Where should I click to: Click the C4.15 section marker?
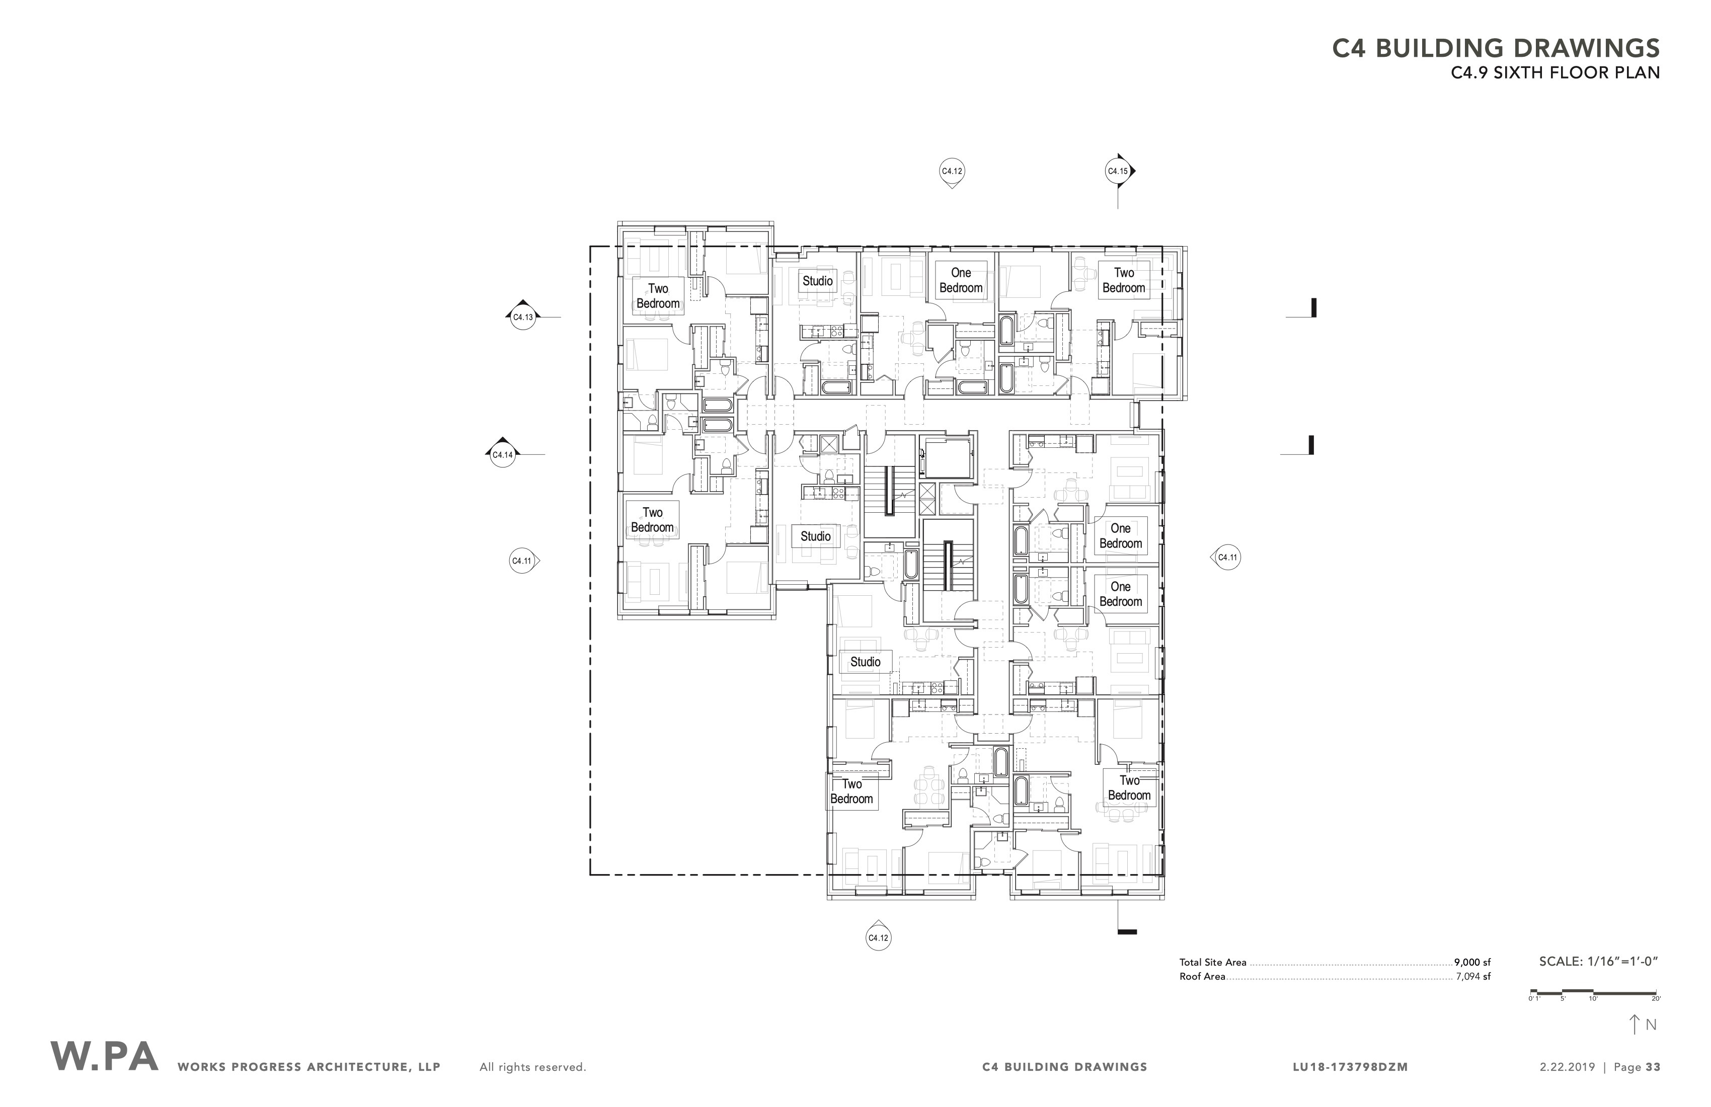[1117, 171]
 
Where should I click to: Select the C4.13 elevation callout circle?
[523, 317]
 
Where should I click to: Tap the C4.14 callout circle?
[503, 454]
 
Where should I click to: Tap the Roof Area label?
[1202, 977]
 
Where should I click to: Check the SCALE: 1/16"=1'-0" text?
[1598, 962]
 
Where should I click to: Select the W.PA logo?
[104, 1057]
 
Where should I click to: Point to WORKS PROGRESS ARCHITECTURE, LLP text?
[309, 1067]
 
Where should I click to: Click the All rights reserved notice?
[533, 1067]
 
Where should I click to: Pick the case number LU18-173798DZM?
[1350, 1067]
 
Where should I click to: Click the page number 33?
[1653, 1067]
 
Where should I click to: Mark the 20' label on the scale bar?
[1656, 999]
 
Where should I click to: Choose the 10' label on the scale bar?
[1593, 999]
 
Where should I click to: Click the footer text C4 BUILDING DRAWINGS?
[1065, 1067]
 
